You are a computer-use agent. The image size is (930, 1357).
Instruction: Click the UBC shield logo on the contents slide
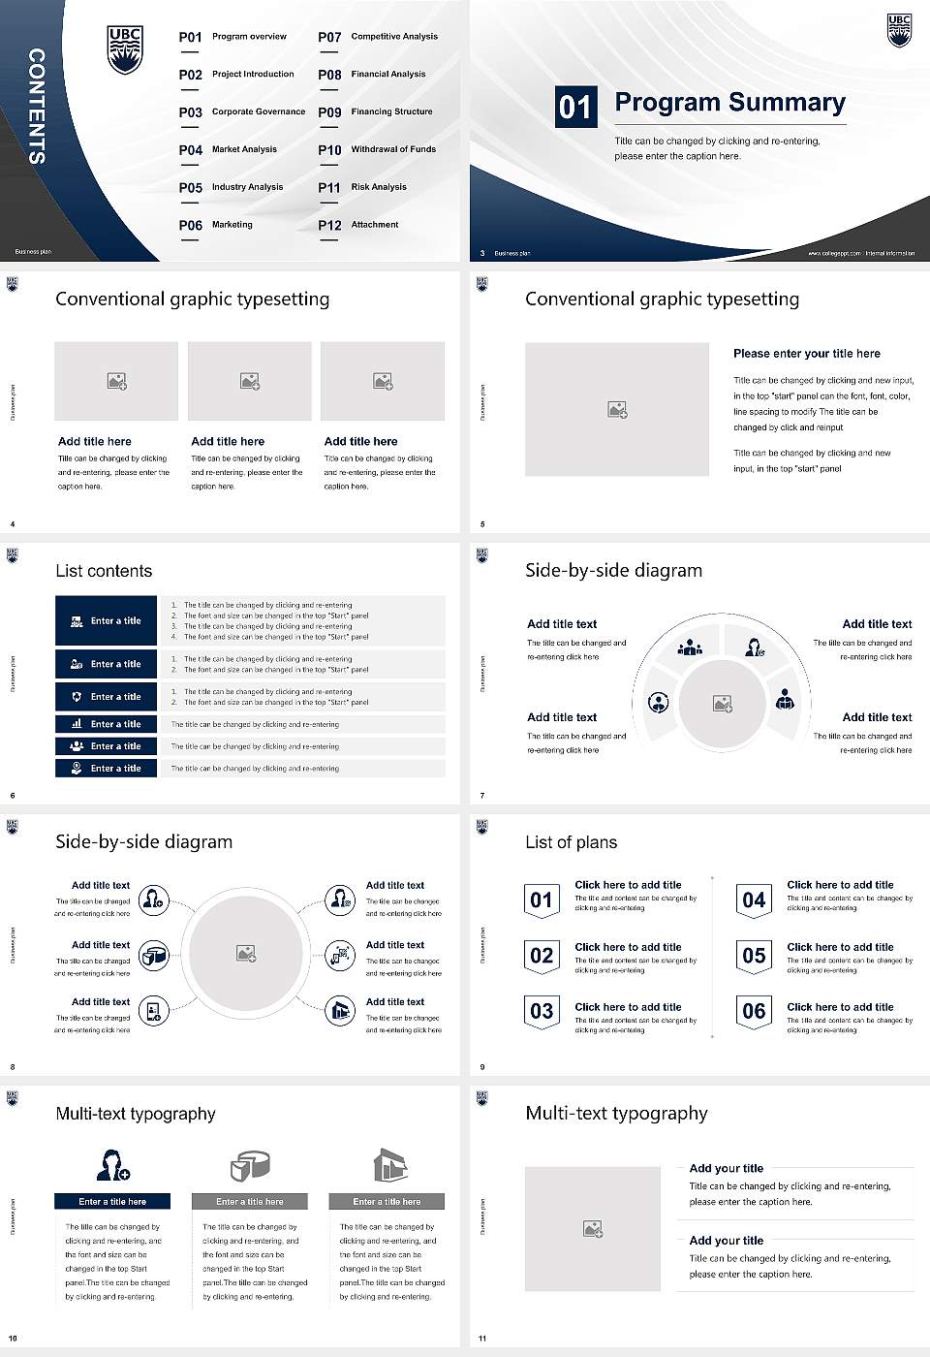point(125,50)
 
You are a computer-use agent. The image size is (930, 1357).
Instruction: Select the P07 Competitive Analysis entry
point(378,37)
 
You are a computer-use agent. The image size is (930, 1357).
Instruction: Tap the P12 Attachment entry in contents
point(358,225)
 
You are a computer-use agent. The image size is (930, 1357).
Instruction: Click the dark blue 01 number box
point(575,107)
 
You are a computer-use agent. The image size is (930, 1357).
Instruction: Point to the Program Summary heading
point(729,103)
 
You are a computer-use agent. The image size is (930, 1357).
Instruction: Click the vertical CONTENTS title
point(37,106)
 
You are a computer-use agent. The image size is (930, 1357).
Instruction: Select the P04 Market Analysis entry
point(229,150)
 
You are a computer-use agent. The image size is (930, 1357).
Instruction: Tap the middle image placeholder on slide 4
point(250,381)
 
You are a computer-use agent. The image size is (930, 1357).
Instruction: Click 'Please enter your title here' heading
point(807,354)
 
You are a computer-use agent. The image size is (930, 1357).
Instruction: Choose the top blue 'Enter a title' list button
point(107,620)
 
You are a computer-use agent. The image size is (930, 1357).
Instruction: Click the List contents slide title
point(104,571)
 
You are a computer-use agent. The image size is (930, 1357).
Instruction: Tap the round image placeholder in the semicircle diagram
point(722,704)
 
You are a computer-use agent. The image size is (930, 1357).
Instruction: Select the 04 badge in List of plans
point(754,900)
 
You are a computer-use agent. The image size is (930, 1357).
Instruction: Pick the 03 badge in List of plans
point(542,1012)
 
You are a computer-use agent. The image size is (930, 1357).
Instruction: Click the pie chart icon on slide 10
point(250,1165)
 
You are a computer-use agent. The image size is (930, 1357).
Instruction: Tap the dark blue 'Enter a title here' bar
point(112,1202)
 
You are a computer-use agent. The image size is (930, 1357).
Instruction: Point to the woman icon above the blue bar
point(112,1165)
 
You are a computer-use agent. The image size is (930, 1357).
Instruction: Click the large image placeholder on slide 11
point(593,1229)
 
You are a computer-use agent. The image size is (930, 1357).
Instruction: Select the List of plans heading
point(571,842)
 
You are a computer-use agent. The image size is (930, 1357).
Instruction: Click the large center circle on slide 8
point(246,953)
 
